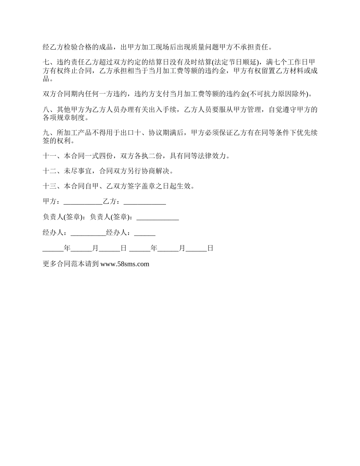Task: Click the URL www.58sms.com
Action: (125, 264)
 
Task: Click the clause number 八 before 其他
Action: (46, 110)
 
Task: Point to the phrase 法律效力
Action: (213, 156)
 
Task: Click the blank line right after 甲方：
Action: (83, 202)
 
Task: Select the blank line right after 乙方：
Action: (145, 202)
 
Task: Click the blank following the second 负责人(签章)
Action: (157, 217)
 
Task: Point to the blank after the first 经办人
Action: (88, 233)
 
